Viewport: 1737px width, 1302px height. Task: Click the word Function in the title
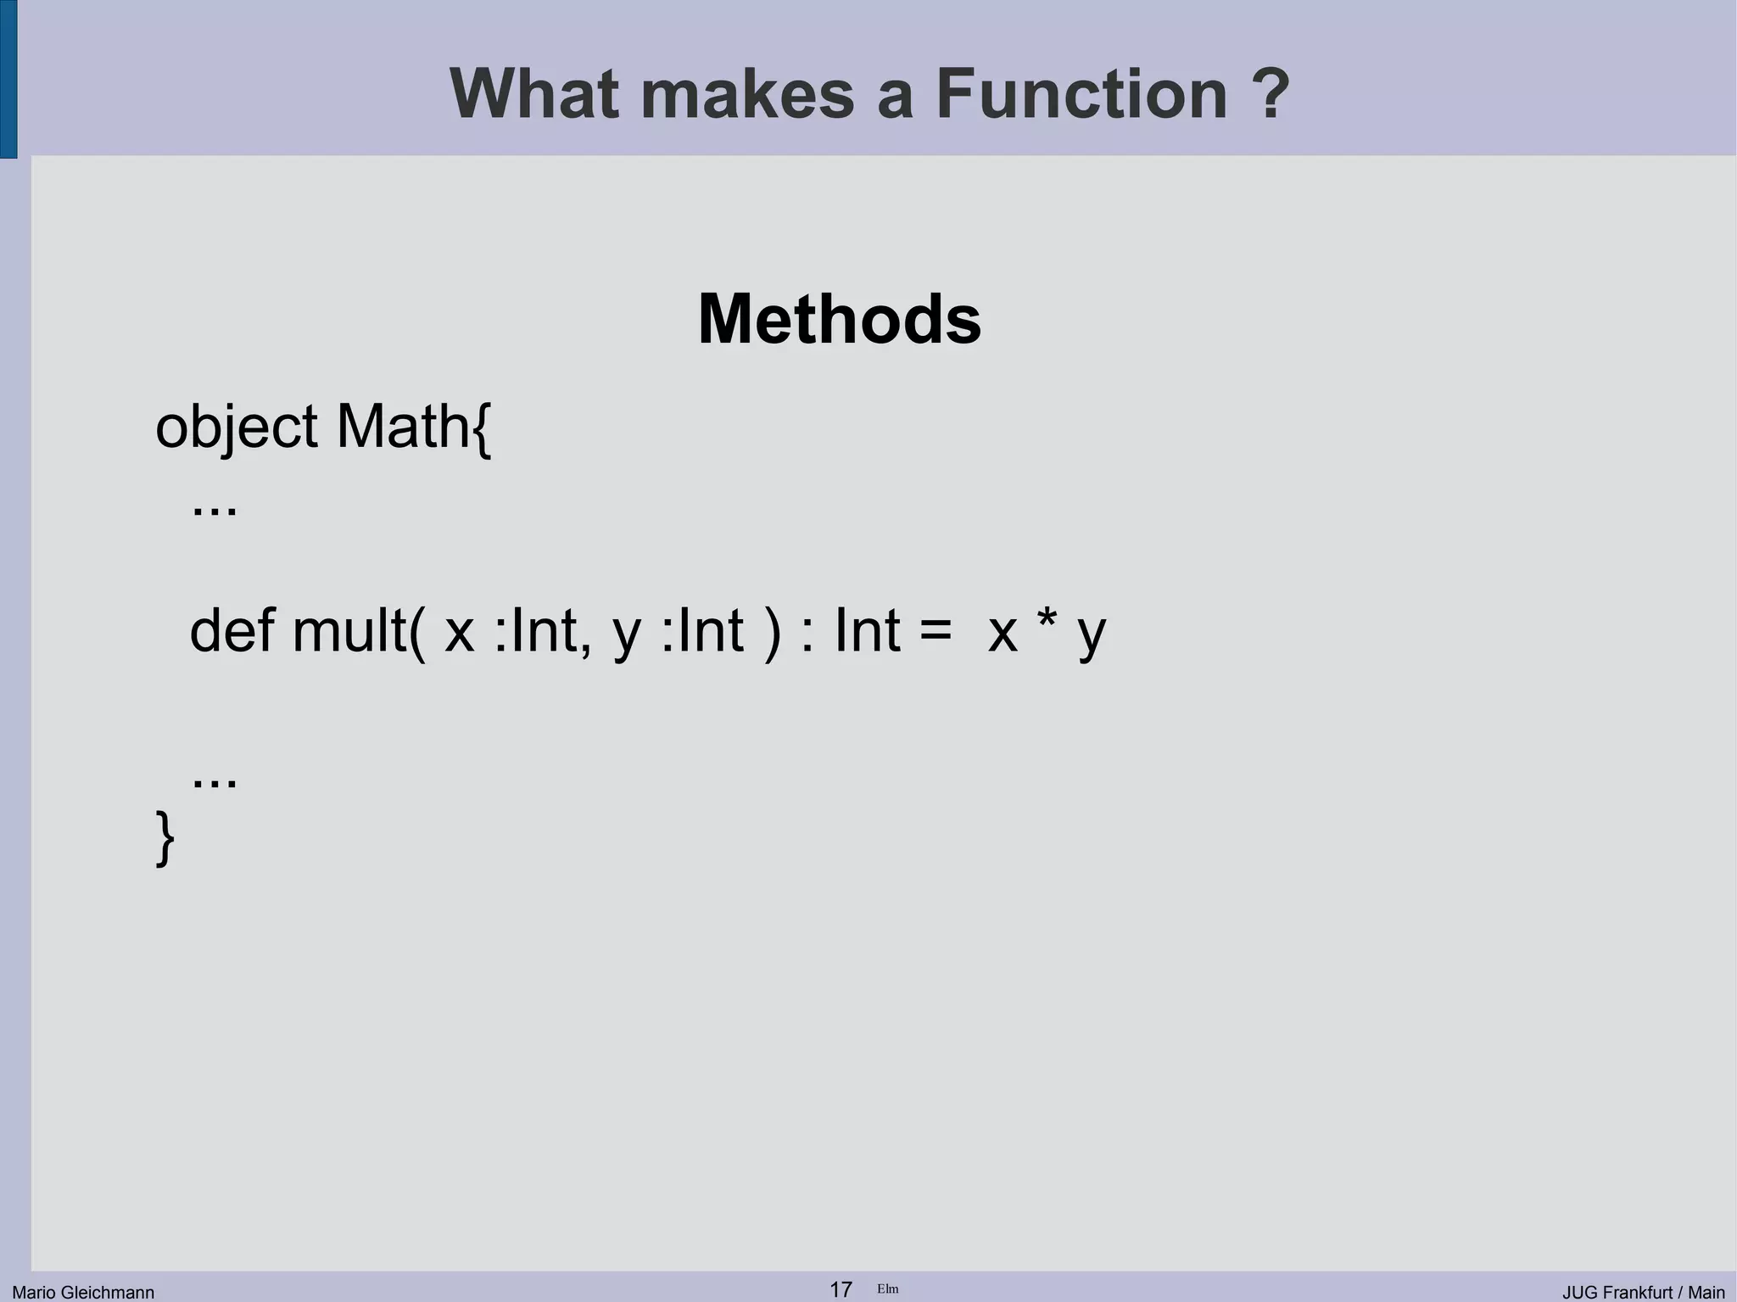pyautogui.click(x=1081, y=93)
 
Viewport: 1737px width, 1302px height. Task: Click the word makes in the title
pyautogui.click(x=747, y=93)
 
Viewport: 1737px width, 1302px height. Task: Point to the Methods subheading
pyautogui.click(x=839, y=320)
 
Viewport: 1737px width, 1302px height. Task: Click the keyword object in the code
pyautogui.click(x=236, y=427)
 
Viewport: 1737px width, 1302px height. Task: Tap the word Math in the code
pyautogui.click(x=403, y=426)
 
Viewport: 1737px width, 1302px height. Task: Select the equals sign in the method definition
pyautogui.click(x=935, y=632)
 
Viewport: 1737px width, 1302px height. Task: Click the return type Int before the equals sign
pyautogui.click(x=867, y=630)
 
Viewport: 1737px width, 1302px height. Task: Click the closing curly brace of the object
pyautogui.click(x=165, y=837)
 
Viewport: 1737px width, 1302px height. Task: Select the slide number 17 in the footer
pyautogui.click(x=841, y=1289)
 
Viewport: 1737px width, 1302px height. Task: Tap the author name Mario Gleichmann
pyautogui.click(x=83, y=1292)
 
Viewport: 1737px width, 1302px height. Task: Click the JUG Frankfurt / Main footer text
pyautogui.click(x=1644, y=1292)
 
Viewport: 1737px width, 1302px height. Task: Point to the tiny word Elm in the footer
pyautogui.click(x=887, y=1289)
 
